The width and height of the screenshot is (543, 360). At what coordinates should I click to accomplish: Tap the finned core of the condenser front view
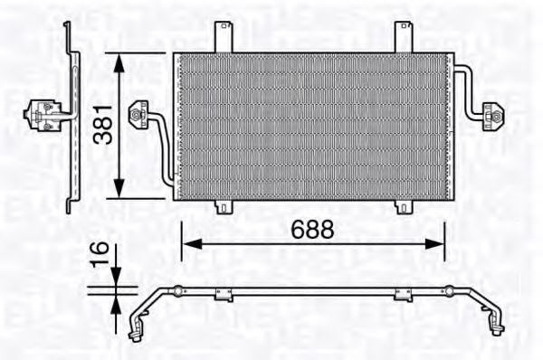(312, 125)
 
